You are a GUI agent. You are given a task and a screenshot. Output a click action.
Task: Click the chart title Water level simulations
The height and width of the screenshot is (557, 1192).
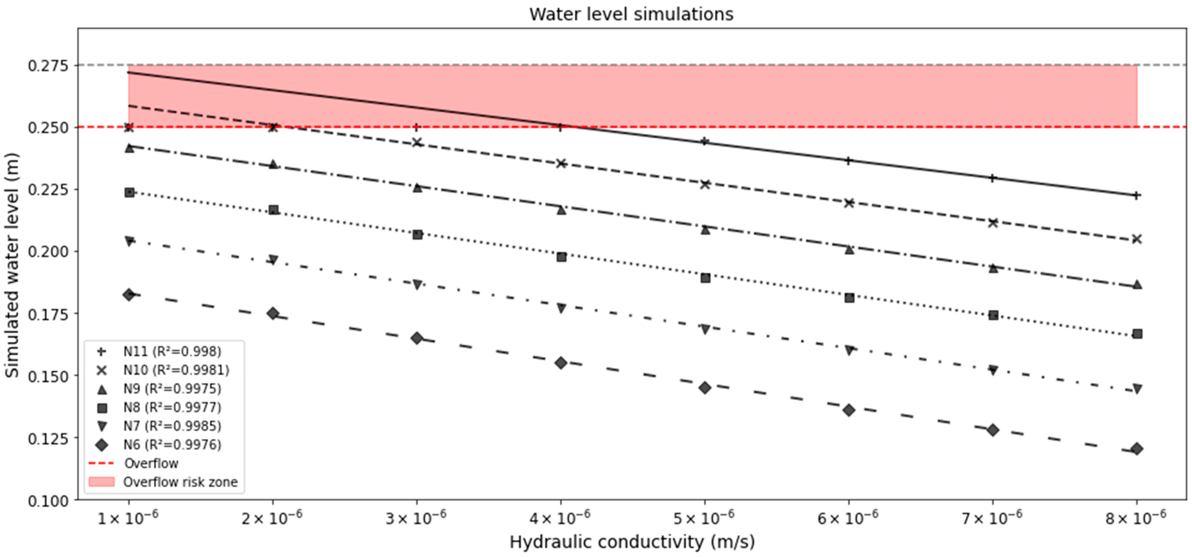tap(631, 14)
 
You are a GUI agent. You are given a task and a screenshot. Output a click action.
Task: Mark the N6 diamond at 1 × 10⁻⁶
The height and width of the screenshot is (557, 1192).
tap(129, 295)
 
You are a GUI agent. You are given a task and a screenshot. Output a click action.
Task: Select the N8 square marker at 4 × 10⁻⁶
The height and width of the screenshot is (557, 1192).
tap(561, 257)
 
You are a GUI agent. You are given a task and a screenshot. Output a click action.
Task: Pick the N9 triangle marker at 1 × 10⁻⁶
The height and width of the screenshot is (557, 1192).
tap(130, 148)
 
